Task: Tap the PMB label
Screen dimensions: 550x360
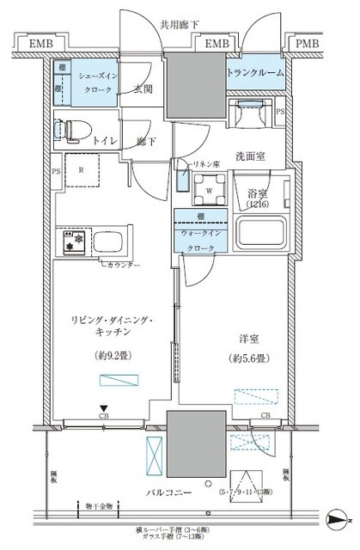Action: [308, 43]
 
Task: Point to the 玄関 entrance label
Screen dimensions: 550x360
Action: [142, 89]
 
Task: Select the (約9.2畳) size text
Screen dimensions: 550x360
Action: [113, 354]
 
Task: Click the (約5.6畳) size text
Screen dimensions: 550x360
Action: [246, 359]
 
